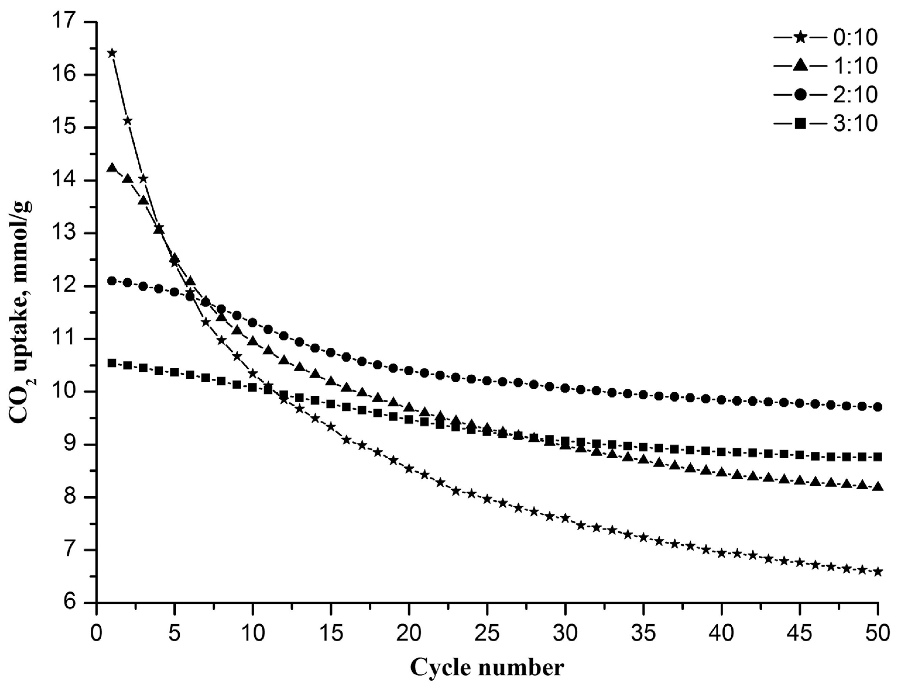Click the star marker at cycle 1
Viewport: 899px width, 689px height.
point(112,53)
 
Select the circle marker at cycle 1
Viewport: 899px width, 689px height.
point(112,281)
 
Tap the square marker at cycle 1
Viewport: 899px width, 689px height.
point(112,363)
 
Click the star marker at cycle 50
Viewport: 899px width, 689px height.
point(878,572)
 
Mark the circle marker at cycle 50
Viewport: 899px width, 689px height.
point(878,407)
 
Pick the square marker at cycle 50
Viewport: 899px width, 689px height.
point(878,457)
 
